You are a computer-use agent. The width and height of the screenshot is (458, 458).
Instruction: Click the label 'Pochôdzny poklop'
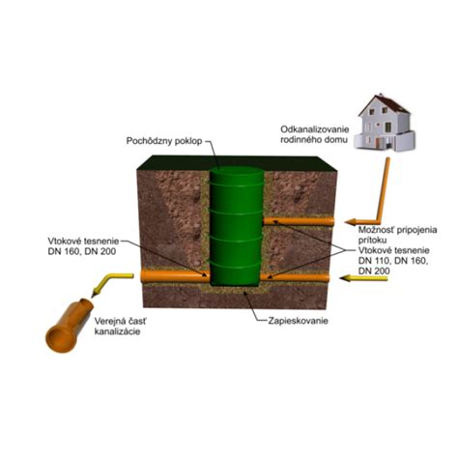[164, 141]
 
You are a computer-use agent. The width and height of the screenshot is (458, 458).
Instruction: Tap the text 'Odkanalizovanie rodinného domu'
[315, 134]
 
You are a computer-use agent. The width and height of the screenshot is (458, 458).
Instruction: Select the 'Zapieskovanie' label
[298, 321]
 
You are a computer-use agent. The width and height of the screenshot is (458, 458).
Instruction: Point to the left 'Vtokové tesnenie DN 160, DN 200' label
[83, 246]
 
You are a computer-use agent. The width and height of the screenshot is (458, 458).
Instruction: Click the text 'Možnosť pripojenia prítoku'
[397, 235]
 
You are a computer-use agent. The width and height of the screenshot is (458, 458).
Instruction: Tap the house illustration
[384, 123]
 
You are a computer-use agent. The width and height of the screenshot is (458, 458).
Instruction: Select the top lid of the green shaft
[237, 170]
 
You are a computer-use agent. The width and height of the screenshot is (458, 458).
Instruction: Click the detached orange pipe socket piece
[69, 326]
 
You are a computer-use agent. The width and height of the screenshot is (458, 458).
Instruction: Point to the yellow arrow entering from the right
[363, 278]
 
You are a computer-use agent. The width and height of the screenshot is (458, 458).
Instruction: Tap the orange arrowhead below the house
[351, 222]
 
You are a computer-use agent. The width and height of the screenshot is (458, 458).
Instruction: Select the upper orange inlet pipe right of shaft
[299, 221]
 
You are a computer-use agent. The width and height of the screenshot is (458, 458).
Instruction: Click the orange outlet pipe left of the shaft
[175, 276]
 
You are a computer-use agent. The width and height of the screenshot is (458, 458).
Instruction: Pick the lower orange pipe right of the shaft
[295, 277]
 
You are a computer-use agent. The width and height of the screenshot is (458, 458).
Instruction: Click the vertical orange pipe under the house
[383, 190]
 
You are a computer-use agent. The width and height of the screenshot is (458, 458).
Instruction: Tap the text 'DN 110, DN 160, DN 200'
[393, 266]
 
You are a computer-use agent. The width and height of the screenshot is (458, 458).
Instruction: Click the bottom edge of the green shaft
[236, 284]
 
